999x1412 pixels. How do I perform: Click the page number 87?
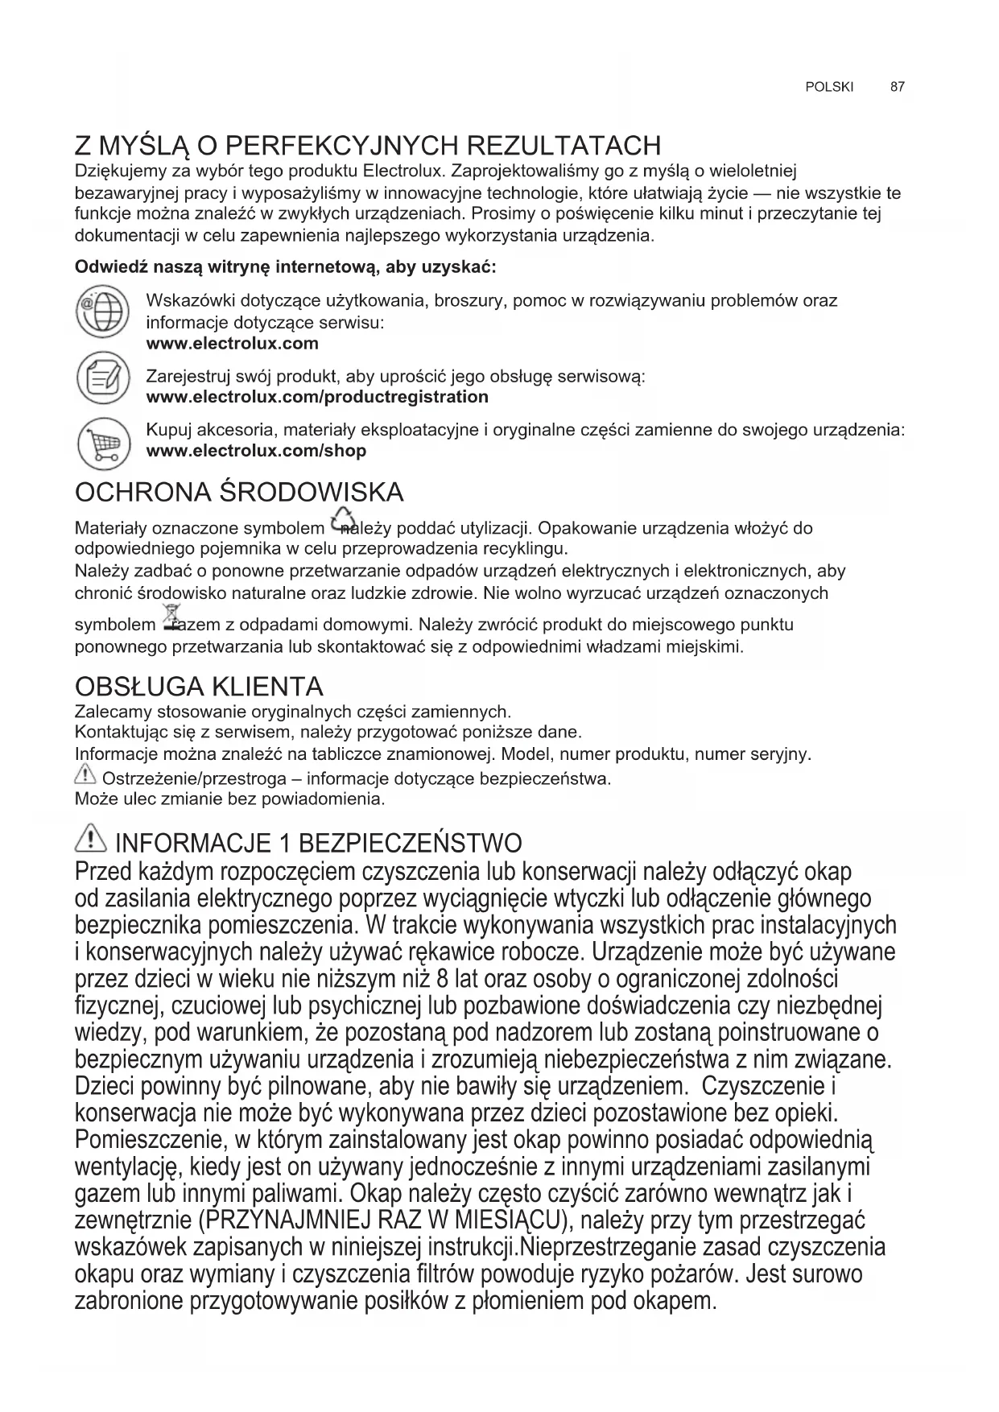(898, 87)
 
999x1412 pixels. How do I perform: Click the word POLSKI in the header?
(828, 87)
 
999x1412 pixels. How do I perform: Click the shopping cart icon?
(102, 444)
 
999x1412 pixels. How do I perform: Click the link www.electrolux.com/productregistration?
(317, 397)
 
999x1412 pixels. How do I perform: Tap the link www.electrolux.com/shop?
(256, 451)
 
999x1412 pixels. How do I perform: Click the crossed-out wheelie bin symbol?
(172, 617)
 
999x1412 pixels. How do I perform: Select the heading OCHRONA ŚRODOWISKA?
(239, 492)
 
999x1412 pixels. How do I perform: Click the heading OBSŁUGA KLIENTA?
(199, 687)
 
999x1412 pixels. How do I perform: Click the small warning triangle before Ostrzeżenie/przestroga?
(84, 777)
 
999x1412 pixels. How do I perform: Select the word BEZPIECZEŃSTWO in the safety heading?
(410, 844)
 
